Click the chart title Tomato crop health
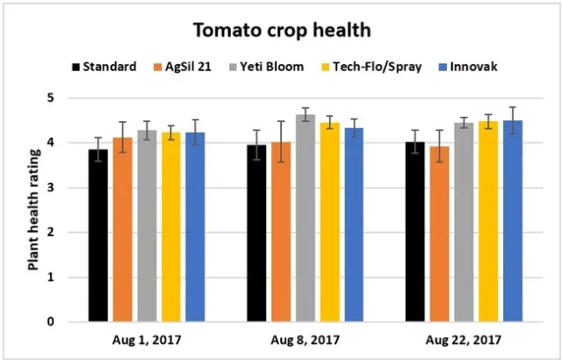pos(281,30)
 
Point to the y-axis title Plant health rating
pos(32,211)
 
